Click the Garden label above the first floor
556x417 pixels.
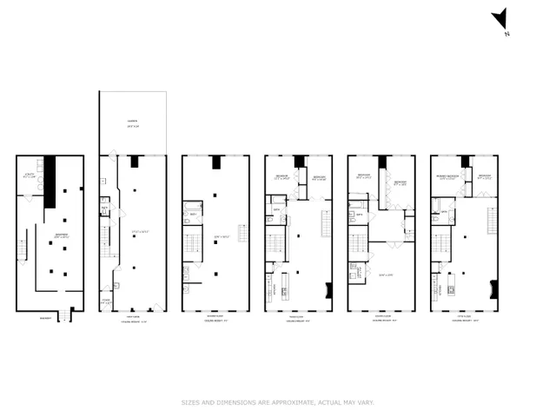click(x=133, y=122)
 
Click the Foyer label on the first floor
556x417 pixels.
click(x=105, y=301)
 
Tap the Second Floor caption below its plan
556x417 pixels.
click(x=215, y=318)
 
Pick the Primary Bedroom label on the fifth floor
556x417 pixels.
click(x=447, y=178)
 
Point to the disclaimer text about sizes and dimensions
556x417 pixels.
click(x=277, y=402)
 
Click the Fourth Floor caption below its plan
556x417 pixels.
click(x=380, y=318)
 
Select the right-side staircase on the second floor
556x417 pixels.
click(x=242, y=234)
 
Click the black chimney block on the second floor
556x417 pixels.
click(x=215, y=161)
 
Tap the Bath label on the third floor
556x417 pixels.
click(x=277, y=209)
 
